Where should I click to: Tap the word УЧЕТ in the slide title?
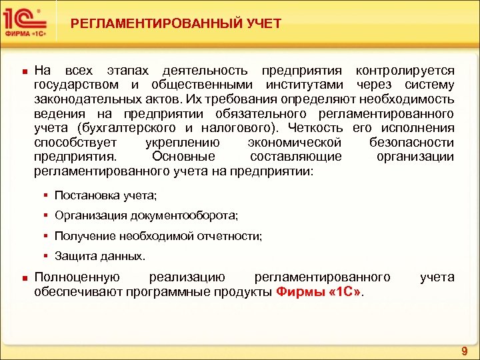click(x=261, y=24)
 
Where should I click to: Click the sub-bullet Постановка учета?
click(x=106, y=195)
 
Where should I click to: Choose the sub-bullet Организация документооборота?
click(x=146, y=215)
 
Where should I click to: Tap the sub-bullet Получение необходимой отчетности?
click(x=158, y=235)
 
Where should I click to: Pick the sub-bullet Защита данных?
click(x=99, y=255)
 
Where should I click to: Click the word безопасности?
click(x=411, y=142)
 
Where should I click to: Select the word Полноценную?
click(x=77, y=277)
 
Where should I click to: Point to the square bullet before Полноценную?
click(x=23, y=277)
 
